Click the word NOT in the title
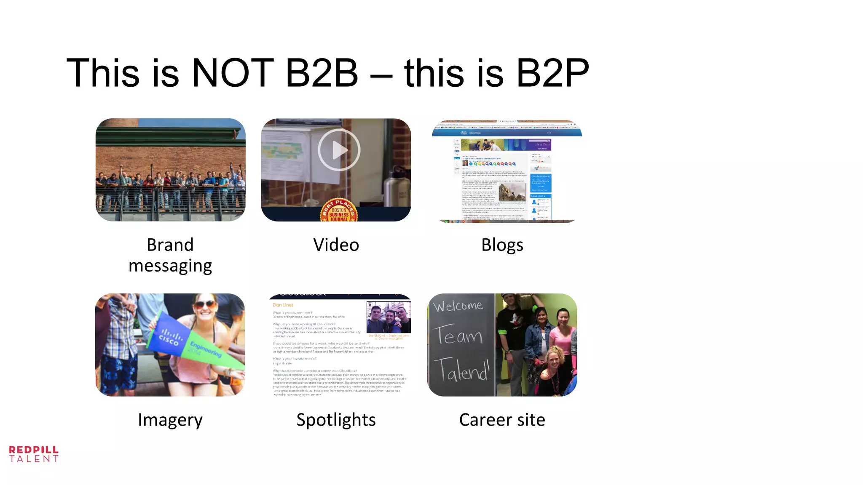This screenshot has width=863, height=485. (x=233, y=73)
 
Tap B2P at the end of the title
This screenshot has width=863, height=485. (x=552, y=73)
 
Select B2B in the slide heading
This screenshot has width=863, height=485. (x=322, y=73)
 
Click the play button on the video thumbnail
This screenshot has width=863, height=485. (x=339, y=150)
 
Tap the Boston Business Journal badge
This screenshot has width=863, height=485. (x=339, y=211)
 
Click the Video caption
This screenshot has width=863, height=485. (x=336, y=245)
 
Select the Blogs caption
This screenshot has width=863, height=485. (x=502, y=245)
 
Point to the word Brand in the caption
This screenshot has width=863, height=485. (x=170, y=245)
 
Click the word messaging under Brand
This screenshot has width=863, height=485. (x=170, y=266)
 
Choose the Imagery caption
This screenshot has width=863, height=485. (x=170, y=420)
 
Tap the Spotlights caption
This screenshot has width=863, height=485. (x=336, y=420)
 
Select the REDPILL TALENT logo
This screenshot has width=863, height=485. (x=34, y=454)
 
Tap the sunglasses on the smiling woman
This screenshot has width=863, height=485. (x=205, y=304)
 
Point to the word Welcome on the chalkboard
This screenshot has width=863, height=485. (x=458, y=306)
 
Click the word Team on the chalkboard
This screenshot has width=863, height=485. (x=458, y=336)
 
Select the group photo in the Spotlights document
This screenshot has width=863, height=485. (x=389, y=317)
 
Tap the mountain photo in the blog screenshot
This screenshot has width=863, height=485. (x=512, y=192)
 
